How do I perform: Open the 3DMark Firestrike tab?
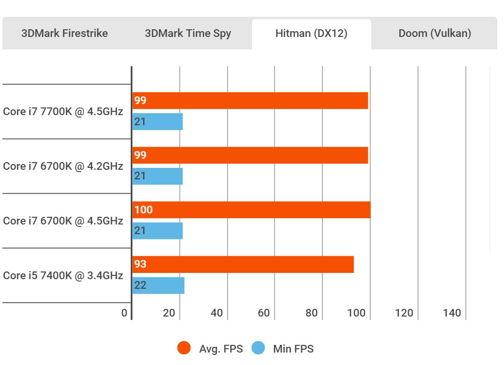(65, 34)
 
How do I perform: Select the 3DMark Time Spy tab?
(188, 34)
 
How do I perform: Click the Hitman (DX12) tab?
(311, 34)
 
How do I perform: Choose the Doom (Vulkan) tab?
(435, 34)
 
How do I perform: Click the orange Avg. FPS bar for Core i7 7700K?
(250, 101)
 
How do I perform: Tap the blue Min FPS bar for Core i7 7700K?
(158, 122)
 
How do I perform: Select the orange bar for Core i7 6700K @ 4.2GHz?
(250, 155)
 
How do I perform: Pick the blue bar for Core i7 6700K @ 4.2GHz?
(158, 177)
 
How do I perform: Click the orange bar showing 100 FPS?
(252, 210)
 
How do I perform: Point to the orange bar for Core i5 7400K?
(243, 264)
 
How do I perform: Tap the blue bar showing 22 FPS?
(159, 285)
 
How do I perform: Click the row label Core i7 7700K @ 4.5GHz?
(63, 112)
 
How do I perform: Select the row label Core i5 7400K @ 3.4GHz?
(63, 276)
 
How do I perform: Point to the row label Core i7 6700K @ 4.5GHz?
(63, 221)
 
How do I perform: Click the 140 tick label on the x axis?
(452, 313)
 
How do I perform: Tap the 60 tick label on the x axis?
(263, 313)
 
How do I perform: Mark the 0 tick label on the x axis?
(125, 313)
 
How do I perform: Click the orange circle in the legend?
(184, 349)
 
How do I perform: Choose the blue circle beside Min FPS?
(258, 349)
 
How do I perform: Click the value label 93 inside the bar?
(140, 264)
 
